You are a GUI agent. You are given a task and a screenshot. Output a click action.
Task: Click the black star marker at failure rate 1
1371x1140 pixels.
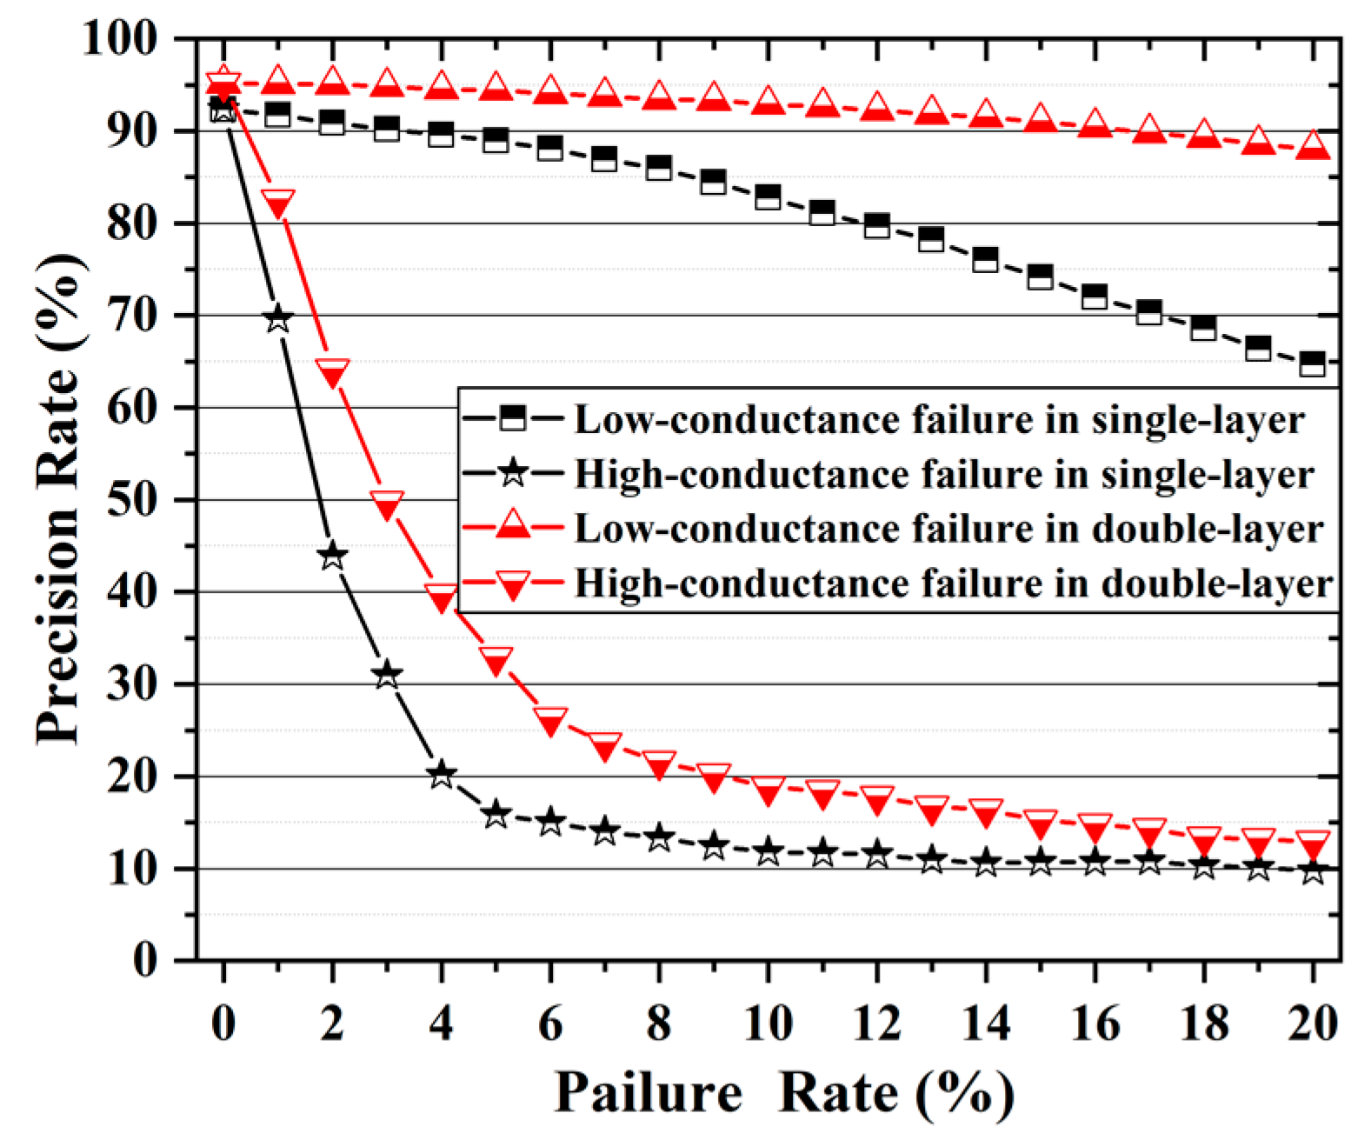277,318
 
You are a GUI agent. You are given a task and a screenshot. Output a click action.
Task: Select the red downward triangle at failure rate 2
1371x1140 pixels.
332,373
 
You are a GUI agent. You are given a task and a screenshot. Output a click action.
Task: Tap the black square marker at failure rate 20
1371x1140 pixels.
1312,363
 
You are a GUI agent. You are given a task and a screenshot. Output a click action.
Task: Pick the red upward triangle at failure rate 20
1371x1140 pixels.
1312,144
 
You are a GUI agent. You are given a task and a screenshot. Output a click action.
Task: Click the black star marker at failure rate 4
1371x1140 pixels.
441,774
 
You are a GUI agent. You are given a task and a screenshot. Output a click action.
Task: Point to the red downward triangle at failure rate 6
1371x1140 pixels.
550,721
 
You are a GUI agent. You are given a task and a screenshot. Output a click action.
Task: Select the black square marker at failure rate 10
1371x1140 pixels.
768,197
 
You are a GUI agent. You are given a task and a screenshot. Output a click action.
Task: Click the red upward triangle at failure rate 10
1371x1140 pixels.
768,100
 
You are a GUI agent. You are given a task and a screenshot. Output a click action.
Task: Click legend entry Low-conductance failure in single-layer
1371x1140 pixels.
939,420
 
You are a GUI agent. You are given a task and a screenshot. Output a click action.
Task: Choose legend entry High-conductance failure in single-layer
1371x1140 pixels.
943,475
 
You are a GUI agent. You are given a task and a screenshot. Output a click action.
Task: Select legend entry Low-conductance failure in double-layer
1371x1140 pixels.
948,529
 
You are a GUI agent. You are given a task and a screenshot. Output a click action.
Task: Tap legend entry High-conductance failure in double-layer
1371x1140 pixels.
953,583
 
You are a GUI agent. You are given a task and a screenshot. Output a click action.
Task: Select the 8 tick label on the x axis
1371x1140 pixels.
659,1023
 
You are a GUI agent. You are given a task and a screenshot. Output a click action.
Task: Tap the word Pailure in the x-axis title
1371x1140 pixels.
648,1091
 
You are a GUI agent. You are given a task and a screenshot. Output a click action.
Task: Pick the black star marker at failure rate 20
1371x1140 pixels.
1312,870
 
